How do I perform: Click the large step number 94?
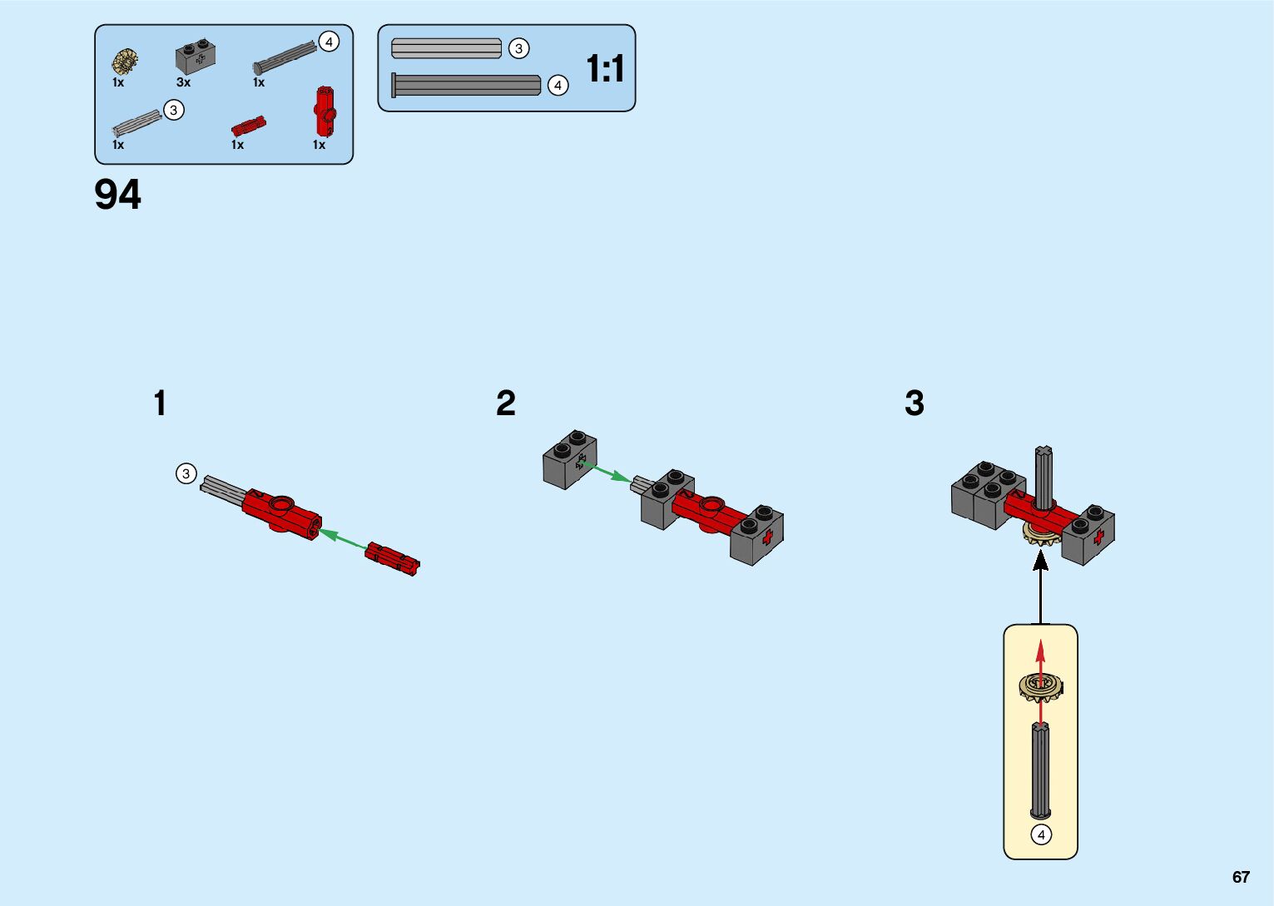click(x=118, y=195)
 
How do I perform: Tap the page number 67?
click(x=1241, y=877)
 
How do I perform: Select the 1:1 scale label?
click(x=605, y=68)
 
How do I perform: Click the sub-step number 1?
click(x=160, y=403)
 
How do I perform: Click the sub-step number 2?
click(x=506, y=403)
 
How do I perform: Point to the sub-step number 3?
click(x=914, y=403)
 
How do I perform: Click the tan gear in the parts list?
click(x=126, y=61)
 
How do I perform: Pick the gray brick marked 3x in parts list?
click(x=196, y=57)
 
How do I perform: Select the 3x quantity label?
click(x=183, y=82)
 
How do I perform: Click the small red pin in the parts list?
click(x=248, y=126)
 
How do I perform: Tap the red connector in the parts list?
click(x=325, y=111)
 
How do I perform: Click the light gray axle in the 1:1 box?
click(x=446, y=48)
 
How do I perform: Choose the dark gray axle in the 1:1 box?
click(x=466, y=85)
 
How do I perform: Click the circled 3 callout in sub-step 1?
click(x=186, y=473)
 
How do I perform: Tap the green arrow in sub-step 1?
click(x=342, y=539)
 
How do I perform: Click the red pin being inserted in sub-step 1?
click(x=392, y=558)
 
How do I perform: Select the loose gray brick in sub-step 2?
click(x=570, y=459)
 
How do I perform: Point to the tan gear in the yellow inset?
click(x=1040, y=686)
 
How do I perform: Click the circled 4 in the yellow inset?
click(x=1041, y=834)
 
